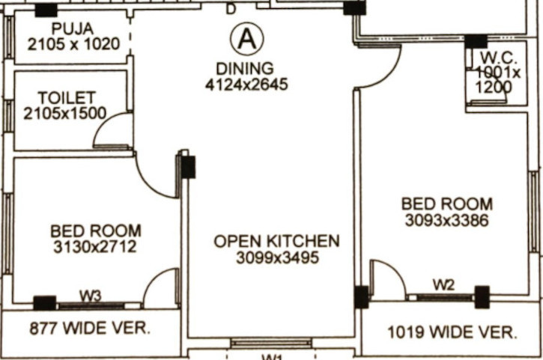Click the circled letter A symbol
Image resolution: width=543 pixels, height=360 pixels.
[246, 37]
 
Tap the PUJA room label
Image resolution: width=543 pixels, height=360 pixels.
[73, 28]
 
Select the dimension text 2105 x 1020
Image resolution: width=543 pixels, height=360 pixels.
[73, 43]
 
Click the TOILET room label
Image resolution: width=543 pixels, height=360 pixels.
[67, 98]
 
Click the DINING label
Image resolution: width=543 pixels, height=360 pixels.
[246, 69]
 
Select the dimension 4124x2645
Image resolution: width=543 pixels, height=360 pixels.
[246, 84]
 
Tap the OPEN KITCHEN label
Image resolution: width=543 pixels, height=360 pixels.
[276, 241]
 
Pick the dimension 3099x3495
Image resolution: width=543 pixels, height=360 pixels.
[277, 257]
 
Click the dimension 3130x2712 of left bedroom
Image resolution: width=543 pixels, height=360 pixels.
[95, 246]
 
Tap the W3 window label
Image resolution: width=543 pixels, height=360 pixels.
[91, 296]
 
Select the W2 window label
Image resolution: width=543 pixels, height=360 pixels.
[444, 284]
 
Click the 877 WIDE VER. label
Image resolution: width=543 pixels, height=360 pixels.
[90, 328]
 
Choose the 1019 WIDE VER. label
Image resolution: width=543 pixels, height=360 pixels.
[451, 332]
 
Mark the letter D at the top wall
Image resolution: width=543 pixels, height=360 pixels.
[231, 9]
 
